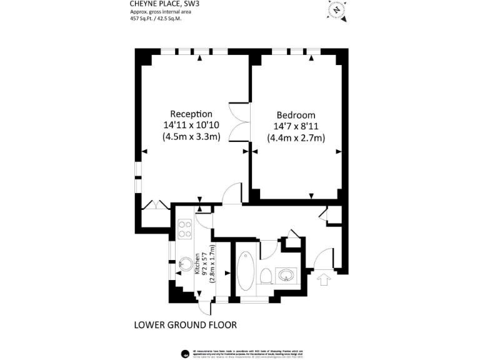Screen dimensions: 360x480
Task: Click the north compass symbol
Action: pyautogui.click(x=337, y=10)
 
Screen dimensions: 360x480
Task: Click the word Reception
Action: pyautogui.click(x=191, y=114)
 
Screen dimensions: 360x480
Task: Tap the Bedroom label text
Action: pyautogui.click(x=296, y=115)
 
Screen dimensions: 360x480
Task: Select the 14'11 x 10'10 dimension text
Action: pyautogui.click(x=191, y=125)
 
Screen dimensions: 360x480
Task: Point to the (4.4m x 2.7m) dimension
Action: pyautogui.click(x=296, y=137)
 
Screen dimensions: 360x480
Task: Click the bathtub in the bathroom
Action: pyautogui.click(x=246, y=272)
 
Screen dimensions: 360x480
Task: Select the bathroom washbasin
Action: pyautogui.click(x=288, y=276)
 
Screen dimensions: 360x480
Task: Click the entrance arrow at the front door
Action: pyautogui.click(x=324, y=279)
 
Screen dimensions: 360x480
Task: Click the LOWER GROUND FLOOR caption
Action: pyautogui.click(x=186, y=325)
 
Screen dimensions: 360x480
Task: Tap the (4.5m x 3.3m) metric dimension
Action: pyautogui.click(x=191, y=137)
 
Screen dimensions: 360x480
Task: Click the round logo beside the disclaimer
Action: pyautogui.click(x=185, y=354)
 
